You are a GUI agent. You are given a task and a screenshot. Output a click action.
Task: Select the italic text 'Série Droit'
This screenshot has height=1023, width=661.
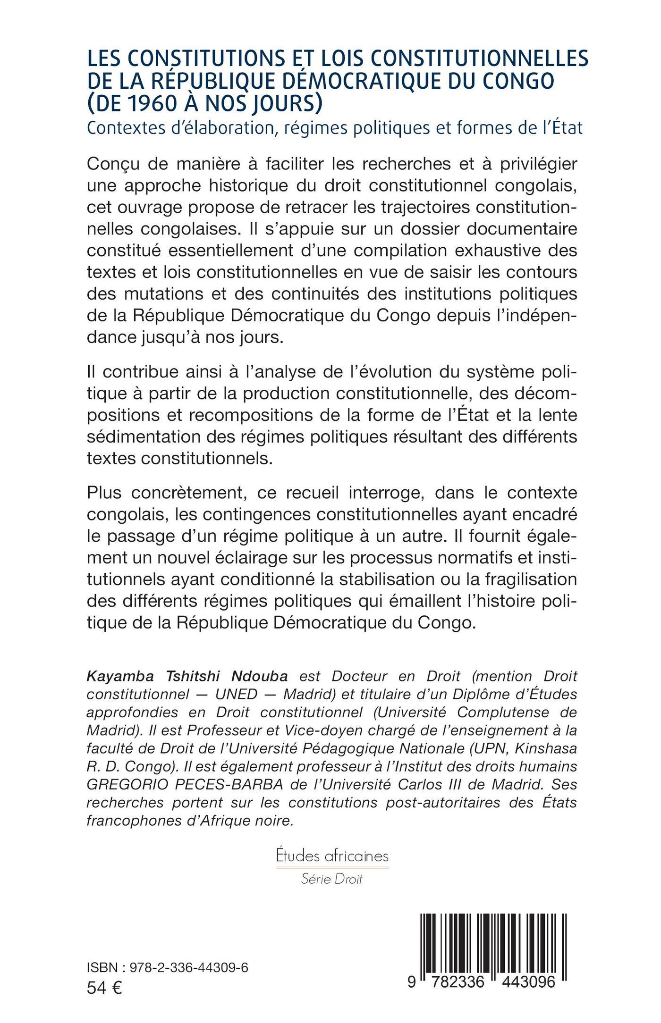point(331,879)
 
